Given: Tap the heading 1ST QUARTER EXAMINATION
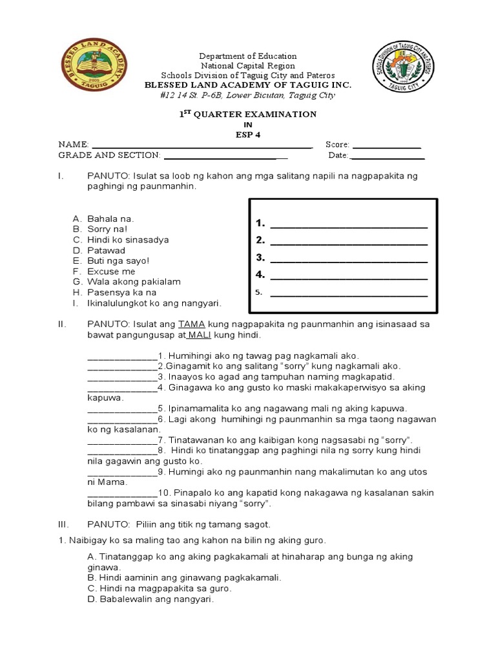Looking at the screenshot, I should pyautogui.click(x=249, y=114).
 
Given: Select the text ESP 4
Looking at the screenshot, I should pyautogui.click(x=248, y=134).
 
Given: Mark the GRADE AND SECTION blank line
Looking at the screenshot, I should pyautogui.click(x=226, y=157).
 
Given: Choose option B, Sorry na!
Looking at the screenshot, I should pyautogui.click(x=107, y=229).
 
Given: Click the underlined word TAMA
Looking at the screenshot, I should pyautogui.click(x=191, y=323).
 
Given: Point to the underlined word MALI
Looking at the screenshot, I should pyautogui.click(x=200, y=336).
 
